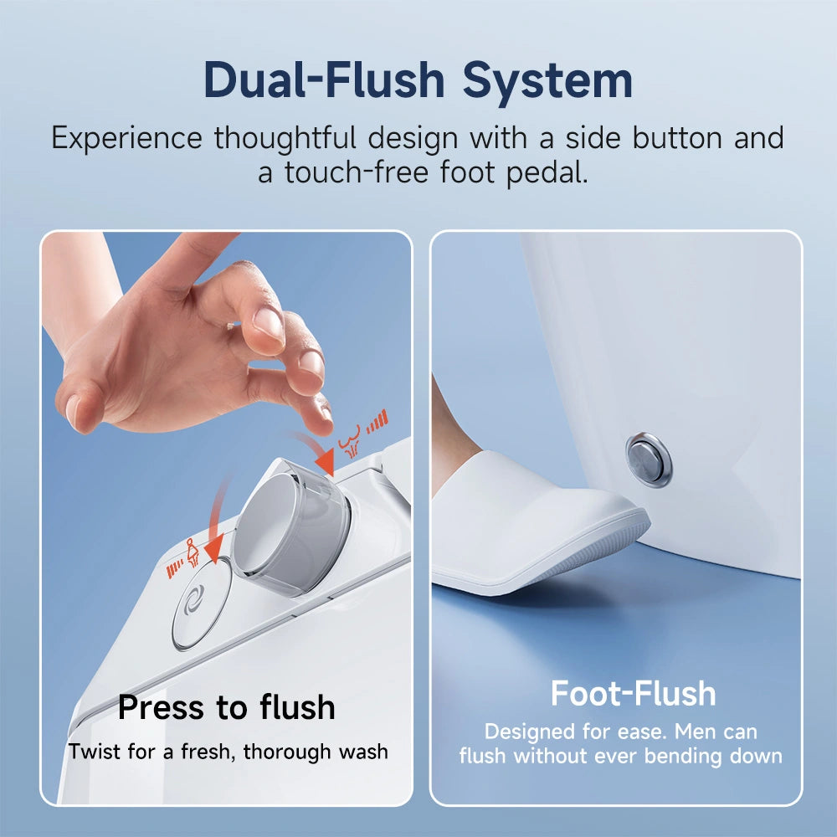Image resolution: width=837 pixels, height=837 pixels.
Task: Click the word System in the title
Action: (548, 81)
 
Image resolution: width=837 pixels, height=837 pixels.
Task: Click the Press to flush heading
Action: (226, 707)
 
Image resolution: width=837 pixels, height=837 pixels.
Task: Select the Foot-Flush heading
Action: (633, 694)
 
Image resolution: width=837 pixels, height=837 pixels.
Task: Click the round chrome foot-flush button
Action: (649, 460)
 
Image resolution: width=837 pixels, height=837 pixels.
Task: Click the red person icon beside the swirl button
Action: (193, 552)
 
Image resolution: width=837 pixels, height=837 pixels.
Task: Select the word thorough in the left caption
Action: (293, 751)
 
